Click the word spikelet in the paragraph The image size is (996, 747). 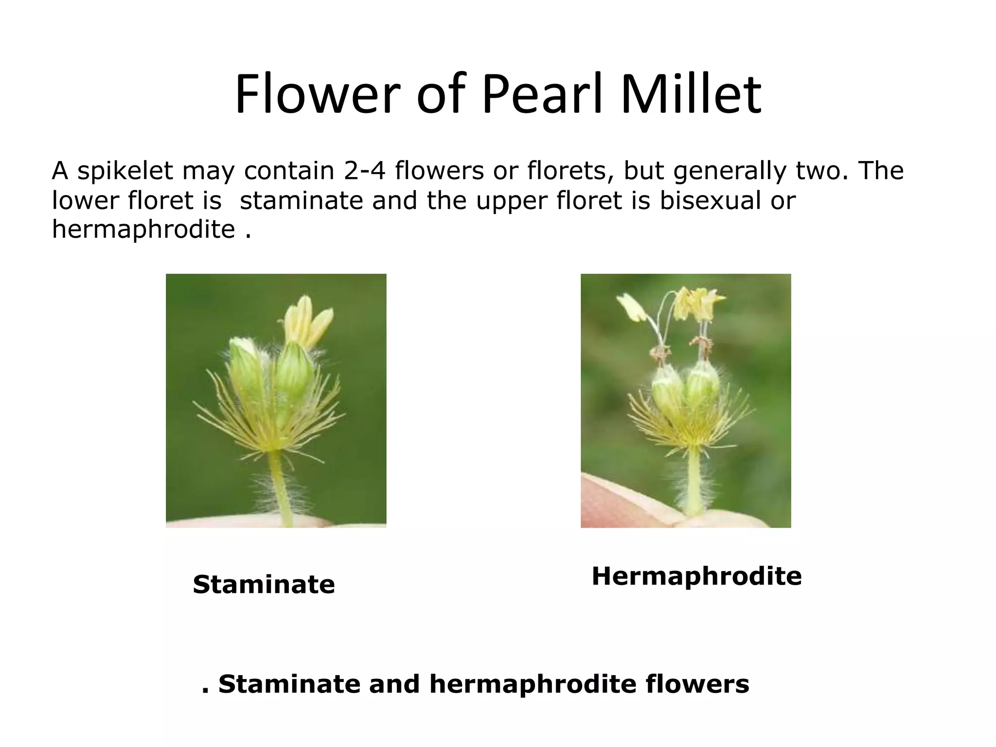[x=125, y=171]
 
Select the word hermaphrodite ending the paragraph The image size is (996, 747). [x=143, y=230]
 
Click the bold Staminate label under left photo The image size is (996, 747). [x=264, y=585]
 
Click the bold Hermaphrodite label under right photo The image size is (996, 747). [x=696, y=576]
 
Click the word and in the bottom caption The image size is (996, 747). [x=394, y=684]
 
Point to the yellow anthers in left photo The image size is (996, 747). [x=307, y=319]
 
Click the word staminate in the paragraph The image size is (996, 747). [x=301, y=200]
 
